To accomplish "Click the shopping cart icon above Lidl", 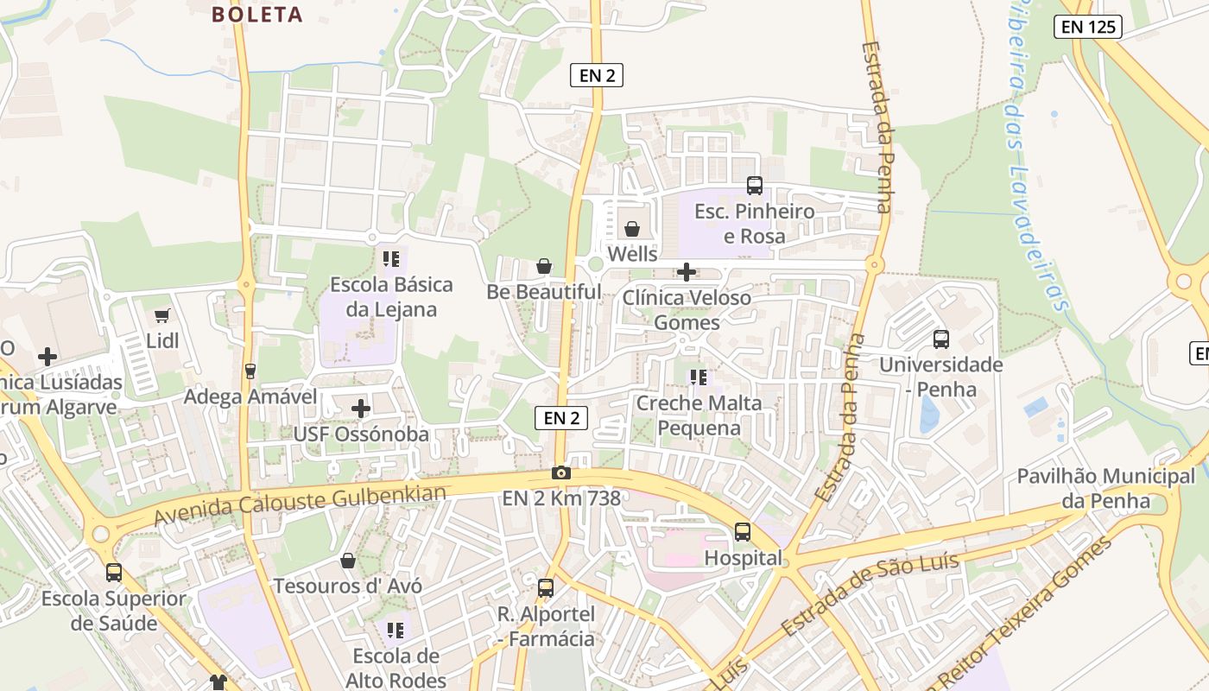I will click(x=161, y=316).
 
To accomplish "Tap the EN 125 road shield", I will click(x=1088, y=27).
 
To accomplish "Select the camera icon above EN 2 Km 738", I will click(x=561, y=472).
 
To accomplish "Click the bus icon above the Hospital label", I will click(x=743, y=532).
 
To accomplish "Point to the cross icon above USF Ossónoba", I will click(x=361, y=409).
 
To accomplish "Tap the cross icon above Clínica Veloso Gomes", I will click(x=687, y=273).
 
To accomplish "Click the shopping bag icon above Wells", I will click(x=632, y=229).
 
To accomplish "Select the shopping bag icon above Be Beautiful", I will click(x=544, y=266).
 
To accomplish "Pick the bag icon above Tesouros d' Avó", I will click(x=348, y=561).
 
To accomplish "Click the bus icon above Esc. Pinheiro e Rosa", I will click(x=755, y=185).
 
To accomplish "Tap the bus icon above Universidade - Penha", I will click(x=941, y=339).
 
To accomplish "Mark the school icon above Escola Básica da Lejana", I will click(x=391, y=258).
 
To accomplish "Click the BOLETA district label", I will click(x=257, y=15).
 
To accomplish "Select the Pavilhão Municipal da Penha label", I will click(x=1106, y=488).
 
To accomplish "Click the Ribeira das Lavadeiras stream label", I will click(x=1037, y=155).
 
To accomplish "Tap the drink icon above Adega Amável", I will click(x=250, y=371).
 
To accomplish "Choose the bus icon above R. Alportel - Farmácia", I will click(x=546, y=588).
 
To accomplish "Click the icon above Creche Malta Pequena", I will click(x=699, y=377).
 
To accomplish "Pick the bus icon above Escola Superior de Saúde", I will click(x=114, y=573).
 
